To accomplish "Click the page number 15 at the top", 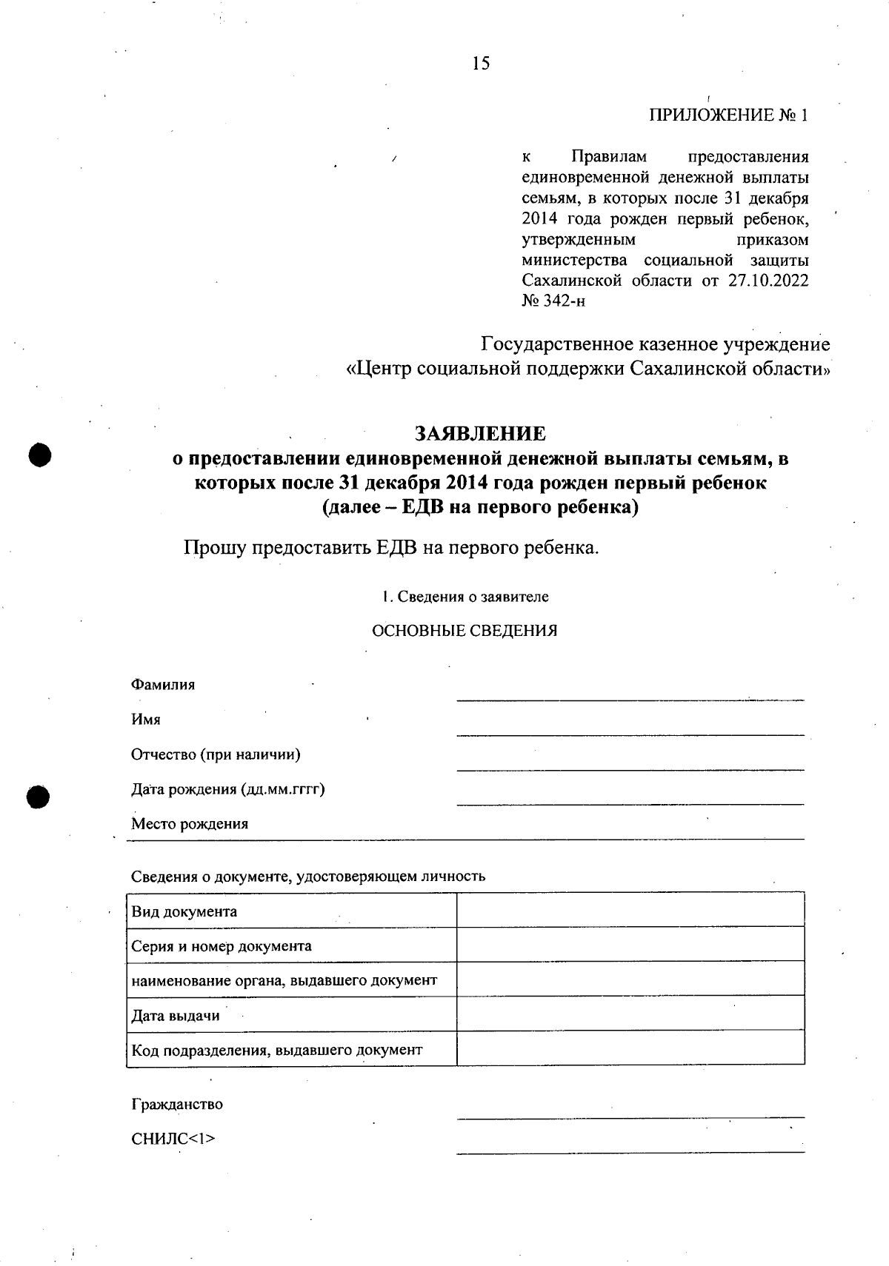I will [481, 64].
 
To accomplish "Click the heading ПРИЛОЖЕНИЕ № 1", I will [728, 115].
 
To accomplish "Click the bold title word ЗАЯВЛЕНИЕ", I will [480, 433].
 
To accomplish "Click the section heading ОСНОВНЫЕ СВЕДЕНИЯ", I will [464, 631].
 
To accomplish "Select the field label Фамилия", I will [163, 685].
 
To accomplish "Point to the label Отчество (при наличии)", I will [216, 754].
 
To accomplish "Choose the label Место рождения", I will [190, 824].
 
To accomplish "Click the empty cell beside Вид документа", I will [630, 910].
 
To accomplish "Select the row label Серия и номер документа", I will [222, 946].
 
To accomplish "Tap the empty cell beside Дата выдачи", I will [630, 1013].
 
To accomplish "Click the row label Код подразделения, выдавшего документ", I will [277, 1050].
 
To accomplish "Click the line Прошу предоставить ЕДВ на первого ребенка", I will [390, 549].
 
